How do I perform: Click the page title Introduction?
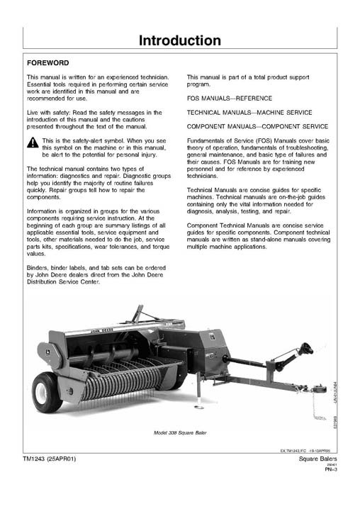click(179, 40)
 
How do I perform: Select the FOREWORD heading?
click(50, 62)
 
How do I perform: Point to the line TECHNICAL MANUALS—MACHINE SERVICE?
click(248, 113)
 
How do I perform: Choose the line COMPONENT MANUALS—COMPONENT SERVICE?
click(257, 126)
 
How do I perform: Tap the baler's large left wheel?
click(48, 392)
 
